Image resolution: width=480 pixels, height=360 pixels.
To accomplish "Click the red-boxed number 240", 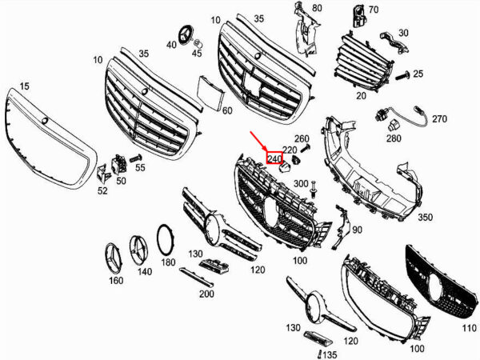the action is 274,158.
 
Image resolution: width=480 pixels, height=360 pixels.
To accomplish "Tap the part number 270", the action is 439,118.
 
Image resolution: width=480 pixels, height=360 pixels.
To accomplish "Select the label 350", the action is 426,217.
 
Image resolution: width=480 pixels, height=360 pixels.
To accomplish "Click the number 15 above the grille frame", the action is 25,86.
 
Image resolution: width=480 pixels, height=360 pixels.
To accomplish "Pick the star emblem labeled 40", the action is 184,36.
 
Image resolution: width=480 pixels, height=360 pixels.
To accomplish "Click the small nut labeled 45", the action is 198,42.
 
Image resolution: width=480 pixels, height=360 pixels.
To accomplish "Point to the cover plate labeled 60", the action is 210,93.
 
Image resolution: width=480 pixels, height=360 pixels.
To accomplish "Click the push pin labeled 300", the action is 314,189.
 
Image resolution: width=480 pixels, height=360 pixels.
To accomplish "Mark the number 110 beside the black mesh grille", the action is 469,328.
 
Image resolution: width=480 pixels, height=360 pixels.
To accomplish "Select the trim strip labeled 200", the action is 196,277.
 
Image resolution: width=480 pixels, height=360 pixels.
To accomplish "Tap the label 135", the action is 330,354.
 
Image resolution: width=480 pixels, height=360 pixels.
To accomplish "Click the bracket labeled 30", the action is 394,43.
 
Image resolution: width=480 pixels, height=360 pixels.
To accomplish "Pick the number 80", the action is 317,8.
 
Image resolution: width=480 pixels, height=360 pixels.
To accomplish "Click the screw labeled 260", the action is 306,149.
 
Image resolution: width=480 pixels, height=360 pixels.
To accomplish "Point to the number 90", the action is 357,230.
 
